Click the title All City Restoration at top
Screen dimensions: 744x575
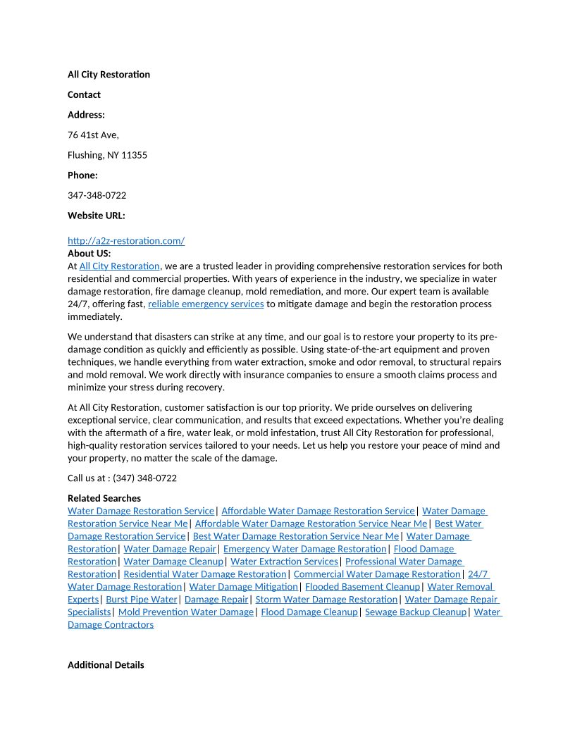[x=109, y=75]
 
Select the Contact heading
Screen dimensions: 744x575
[x=84, y=94]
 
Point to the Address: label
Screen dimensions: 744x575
[x=86, y=115]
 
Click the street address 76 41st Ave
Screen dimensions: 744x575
[x=93, y=135]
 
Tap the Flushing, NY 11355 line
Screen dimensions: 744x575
[x=107, y=155]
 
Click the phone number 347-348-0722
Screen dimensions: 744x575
[x=97, y=195]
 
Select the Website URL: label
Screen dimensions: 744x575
[x=96, y=216]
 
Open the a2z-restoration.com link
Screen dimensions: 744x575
[x=126, y=241]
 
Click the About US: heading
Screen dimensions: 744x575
[x=89, y=254]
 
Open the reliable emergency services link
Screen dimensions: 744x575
[x=206, y=304]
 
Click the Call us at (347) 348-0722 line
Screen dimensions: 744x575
[x=122, y=478]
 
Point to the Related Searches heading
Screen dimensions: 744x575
[x=104, y=498]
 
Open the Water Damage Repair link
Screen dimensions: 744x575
[x=170, y=549]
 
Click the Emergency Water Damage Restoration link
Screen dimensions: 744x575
[x=304, y=549]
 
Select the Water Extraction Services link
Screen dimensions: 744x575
[x=284, y=562]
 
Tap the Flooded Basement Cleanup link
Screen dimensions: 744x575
[x=362, y=587]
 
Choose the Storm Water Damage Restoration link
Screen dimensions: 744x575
[x=326, y=600]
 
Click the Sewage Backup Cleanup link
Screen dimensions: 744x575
[x=416, y=612]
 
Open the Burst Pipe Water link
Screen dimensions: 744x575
[x=142, y=600]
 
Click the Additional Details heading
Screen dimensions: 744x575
[x=106, y=665]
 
